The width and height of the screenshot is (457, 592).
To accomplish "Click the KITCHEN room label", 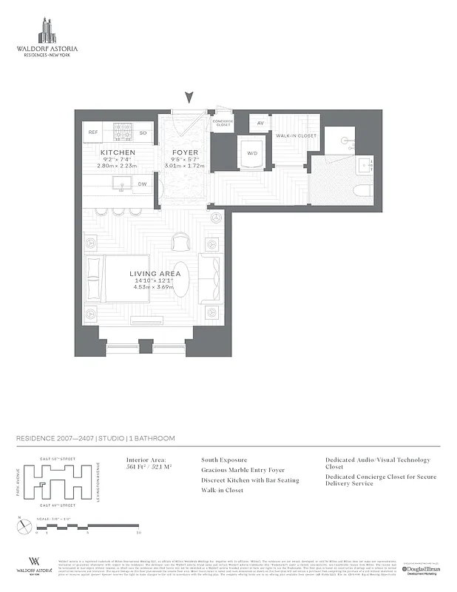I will (x=118, y=152).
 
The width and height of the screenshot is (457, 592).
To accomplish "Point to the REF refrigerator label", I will (x=93, y=132).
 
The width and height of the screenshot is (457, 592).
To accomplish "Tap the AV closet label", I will (x=260, y=124).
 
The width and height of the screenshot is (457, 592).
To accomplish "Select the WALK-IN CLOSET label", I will (x=296, y=136).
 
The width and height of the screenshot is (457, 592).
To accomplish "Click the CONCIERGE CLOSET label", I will (x=223, y=123).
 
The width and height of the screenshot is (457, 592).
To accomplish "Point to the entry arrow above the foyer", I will (x=190, y=97).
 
